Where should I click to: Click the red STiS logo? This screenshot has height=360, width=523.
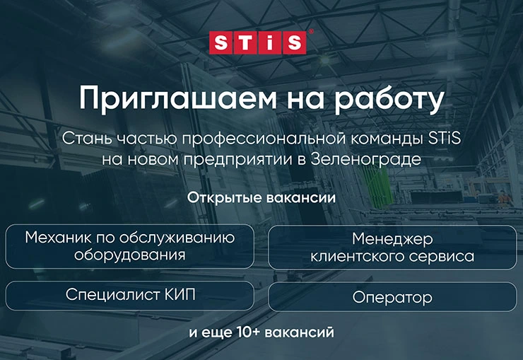click(261, 42)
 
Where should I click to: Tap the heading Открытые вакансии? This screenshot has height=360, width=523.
click(261, 197)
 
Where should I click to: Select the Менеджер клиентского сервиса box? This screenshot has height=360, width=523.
click(392, 248)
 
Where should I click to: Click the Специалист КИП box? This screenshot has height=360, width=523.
click(130, 295)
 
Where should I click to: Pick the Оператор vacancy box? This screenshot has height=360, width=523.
click(392, 297)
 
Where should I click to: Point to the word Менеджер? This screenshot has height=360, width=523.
click(392, 238)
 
